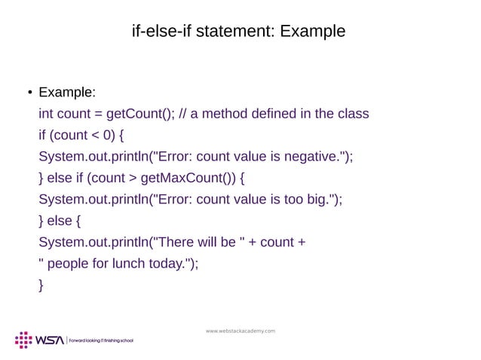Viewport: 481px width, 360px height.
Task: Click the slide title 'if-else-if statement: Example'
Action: (238, 32)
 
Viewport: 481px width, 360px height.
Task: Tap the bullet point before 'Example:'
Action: (26, 94)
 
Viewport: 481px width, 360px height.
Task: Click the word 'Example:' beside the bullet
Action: (67, 93)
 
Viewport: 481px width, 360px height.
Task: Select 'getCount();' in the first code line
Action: (139, 114)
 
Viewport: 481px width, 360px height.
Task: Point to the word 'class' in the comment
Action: (352, 114)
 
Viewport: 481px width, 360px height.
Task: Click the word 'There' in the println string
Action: (179, 243)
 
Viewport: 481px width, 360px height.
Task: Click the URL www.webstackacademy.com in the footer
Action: (240, 331)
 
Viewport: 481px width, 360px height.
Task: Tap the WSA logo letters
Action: (51, 340)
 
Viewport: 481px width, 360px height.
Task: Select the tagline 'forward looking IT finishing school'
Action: (101, 341)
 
